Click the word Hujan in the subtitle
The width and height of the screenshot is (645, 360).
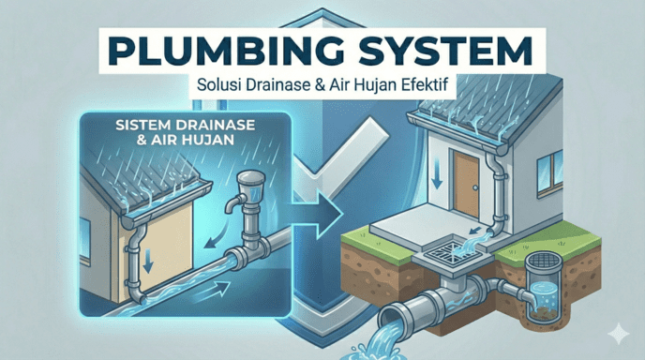point(373,84)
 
